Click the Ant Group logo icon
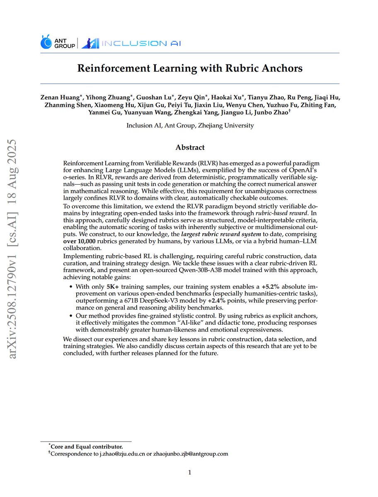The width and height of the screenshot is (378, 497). tap(46, 42)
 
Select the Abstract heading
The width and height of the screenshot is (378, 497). tap(190, 147)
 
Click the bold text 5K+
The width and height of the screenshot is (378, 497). tap(114, 287)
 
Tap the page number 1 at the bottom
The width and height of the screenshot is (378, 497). tap(189, 473)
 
